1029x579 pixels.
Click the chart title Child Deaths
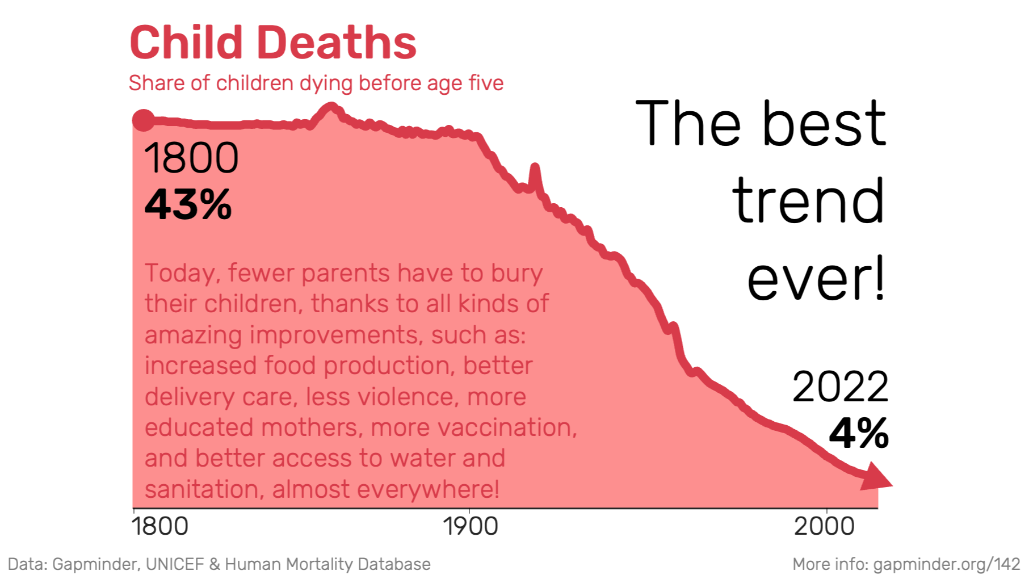[273, 43]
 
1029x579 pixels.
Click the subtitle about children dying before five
[316, 83]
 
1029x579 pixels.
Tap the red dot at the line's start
[143, 120]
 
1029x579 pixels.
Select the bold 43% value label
[188, 205]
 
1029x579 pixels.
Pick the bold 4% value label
[858, 434]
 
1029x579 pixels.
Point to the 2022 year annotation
[840, 387]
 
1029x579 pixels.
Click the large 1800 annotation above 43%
[191, 158]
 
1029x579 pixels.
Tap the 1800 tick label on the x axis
[160, 526]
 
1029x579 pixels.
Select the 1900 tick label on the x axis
[470, 526]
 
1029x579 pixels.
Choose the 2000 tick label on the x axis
[824, 526]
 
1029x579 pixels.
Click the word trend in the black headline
[808, 201]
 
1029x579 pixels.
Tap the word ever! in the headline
[816, 279]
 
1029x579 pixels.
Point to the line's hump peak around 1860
[331, 107]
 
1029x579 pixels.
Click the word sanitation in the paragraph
[204, 489]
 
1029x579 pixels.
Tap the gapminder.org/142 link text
[946, 564]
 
